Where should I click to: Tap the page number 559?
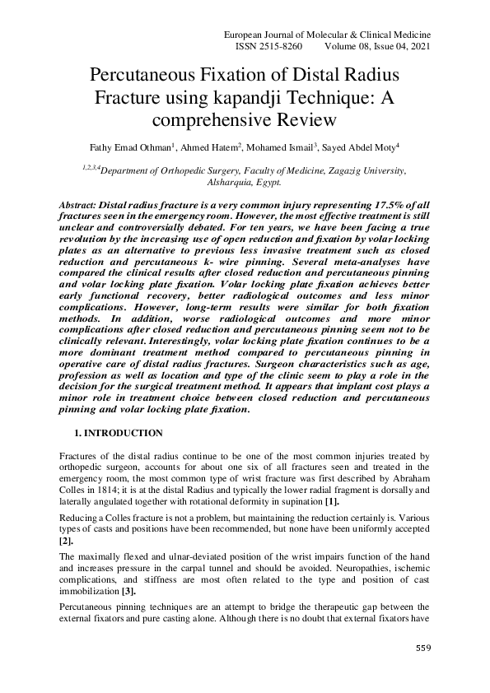point(422,649)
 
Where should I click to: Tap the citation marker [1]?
point(330,502)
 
